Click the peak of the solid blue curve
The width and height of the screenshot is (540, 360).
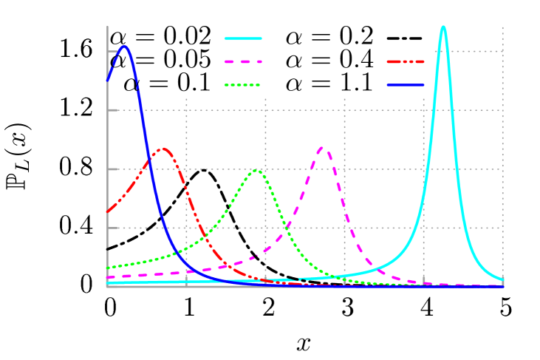pyautogui.click(x=125, y=47)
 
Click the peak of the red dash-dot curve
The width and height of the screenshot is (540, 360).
pyautogui.click(x=163, y=149)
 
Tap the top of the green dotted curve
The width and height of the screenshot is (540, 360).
pyautogui.click(x=256, y=170)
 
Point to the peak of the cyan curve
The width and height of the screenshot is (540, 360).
pyautogui.click(x=443, y=27)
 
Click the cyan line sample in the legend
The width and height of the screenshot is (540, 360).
pyautogui.click(x=243, y=38)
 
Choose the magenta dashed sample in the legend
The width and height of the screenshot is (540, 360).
pyautogui.click(x=243, y=62)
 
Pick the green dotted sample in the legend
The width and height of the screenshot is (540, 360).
pyautogui.click(x=243, y=85)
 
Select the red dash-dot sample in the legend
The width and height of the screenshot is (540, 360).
pyautogui.click(x=406, y=62)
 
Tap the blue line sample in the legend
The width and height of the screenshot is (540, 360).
pyautogui.click(x=406, y=85)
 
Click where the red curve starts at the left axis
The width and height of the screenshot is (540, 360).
pyautogui.click(x=108, y=212)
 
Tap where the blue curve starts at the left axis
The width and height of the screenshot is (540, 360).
pyautogui.click(x=108, y=80)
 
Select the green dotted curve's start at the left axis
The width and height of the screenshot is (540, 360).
pyautogui.click(x=108, y=268)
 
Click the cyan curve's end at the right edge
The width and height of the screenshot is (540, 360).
pyautogui.click(x=503, y=279)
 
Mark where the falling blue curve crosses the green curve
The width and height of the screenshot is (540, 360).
pyautogui.click(x=174, y=254)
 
